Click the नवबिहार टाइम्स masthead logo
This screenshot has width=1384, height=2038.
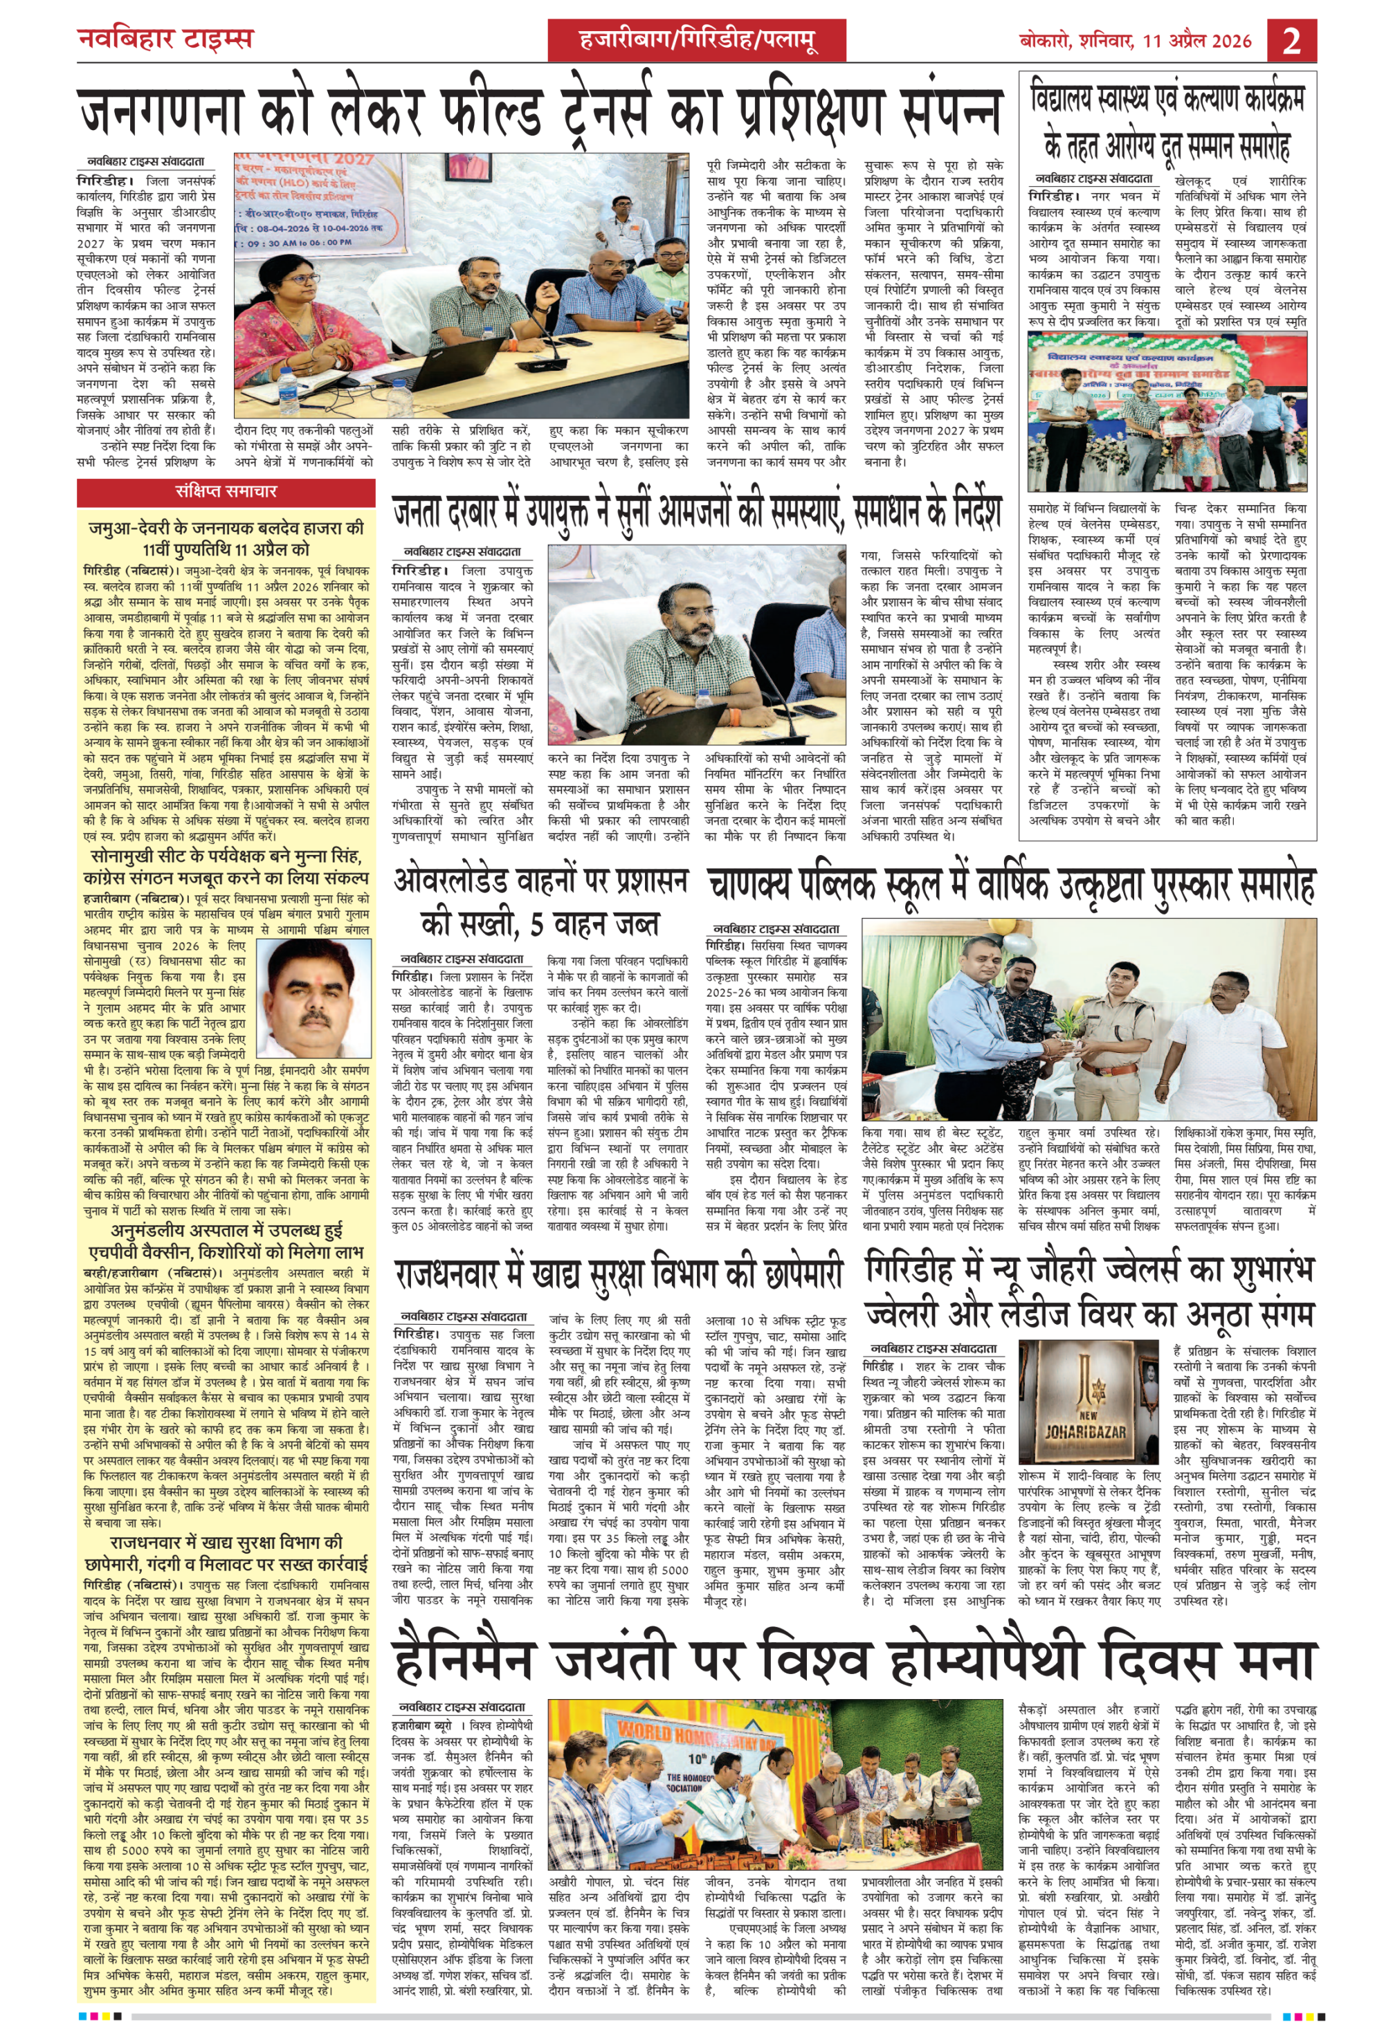[x=165, y=39]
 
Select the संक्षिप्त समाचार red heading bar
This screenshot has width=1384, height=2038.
[x=226, y=492]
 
